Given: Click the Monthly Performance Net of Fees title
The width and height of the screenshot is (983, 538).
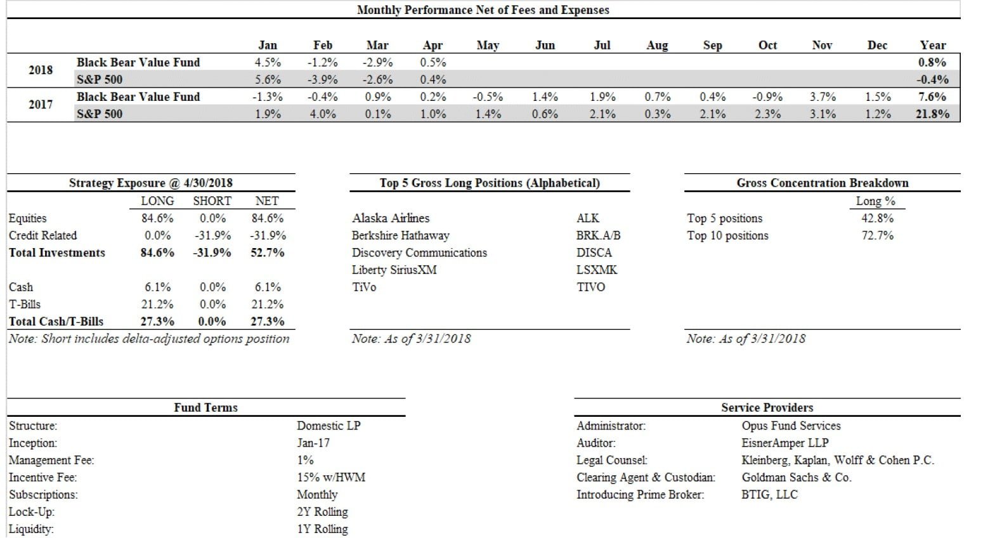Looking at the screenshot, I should point(483,10).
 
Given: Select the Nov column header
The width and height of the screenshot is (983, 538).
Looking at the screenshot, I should point(822,45).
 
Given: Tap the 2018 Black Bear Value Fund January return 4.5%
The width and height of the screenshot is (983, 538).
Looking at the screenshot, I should point(268,62).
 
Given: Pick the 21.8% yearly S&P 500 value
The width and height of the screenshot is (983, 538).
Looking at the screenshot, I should point(932,114).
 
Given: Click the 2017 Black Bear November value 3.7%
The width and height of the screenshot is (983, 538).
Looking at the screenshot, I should point(823,97).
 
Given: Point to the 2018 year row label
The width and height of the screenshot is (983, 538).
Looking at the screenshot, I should point(41,70).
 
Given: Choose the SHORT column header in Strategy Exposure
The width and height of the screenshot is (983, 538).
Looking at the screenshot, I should point(212,201).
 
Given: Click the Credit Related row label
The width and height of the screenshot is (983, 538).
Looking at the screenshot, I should point(42,235).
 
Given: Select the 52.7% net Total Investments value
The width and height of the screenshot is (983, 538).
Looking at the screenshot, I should point(267,253).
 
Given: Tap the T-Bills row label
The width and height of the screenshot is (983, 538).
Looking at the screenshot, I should point(25,305).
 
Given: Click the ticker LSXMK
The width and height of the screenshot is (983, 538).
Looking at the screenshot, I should point(596,270).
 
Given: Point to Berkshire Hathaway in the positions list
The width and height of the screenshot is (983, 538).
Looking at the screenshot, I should point(400,235).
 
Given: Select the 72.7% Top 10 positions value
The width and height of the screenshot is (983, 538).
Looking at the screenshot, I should point(877,235).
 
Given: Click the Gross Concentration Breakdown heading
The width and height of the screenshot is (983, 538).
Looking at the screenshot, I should point(822,183).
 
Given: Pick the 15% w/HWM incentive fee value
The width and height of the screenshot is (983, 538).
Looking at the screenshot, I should point(330,478).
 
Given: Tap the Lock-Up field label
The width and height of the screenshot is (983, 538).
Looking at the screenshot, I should point(32,512).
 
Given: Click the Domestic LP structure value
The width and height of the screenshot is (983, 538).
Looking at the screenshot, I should point(328,426).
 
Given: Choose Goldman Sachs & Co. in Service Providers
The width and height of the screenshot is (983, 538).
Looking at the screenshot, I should point(796,478).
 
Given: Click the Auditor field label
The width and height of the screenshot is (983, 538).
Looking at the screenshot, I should point(596,443).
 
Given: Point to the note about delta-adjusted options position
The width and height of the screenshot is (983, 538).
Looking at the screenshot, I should point(149,339).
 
